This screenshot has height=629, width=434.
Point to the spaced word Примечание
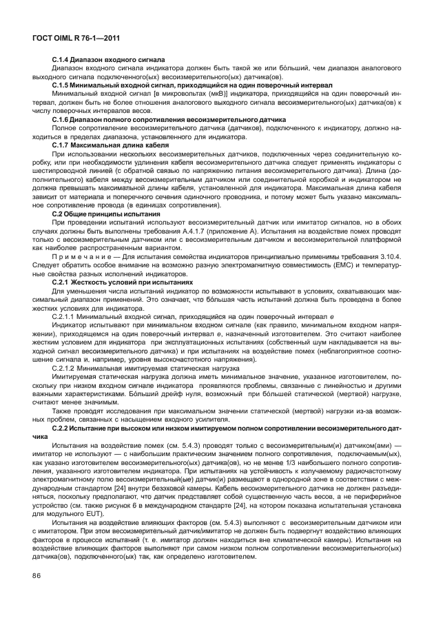[x=79, y=258]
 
